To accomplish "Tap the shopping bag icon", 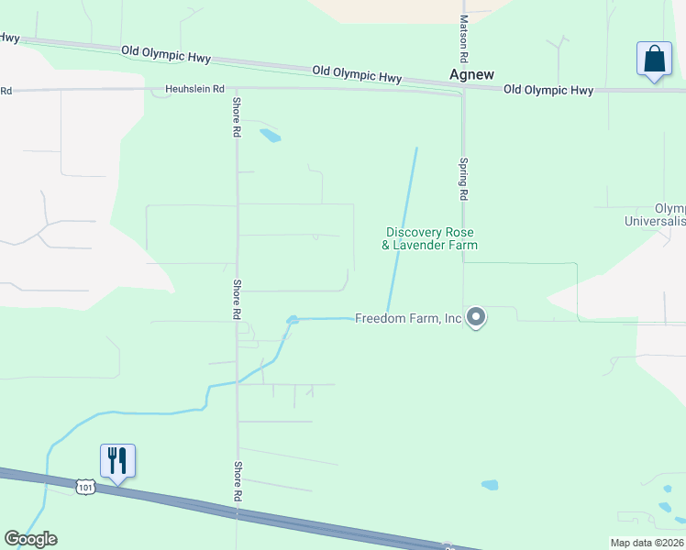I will click(654, 60).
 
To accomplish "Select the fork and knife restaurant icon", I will click(117, 459).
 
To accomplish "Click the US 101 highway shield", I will click(85, 485).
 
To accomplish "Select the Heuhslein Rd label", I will click(194, 89).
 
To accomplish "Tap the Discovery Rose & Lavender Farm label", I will click(431, 238).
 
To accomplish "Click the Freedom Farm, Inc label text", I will click(408, 319).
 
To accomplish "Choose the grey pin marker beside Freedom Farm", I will click(475, 317).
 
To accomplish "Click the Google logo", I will click(31, 539).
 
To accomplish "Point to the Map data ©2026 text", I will click(647, 543).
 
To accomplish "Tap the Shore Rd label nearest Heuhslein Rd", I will click(237, 117).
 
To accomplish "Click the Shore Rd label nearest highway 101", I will click(237, 480).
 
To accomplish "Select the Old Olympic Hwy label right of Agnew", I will click(548, 90).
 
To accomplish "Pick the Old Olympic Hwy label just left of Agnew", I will click(357, 74).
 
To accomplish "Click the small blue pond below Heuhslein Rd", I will click(270, 137).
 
